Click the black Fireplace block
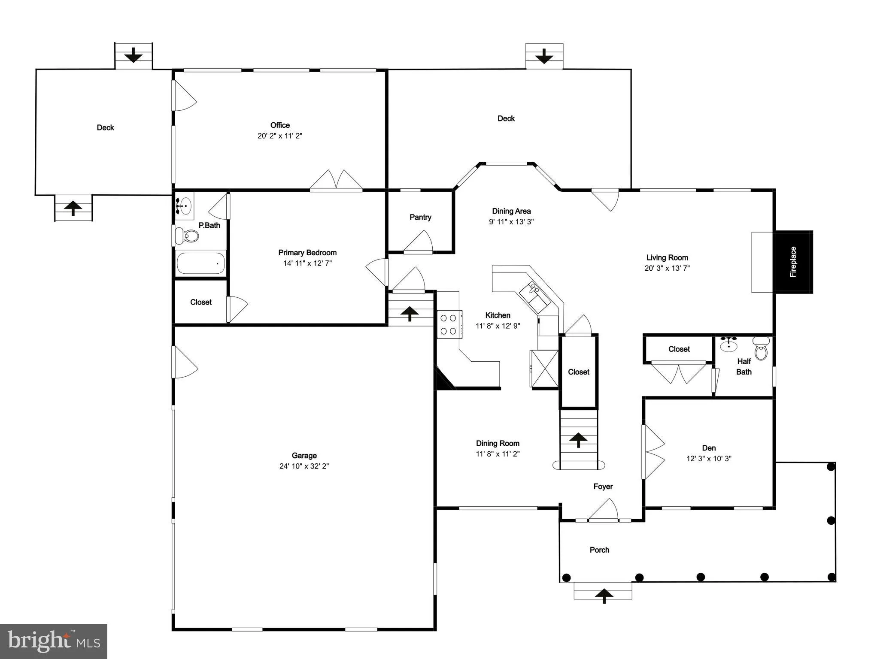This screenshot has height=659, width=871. (793, 262)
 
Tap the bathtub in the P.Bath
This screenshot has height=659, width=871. (200, 263)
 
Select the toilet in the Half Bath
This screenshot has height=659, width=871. (761, 348)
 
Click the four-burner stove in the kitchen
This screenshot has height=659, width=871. (449, 324)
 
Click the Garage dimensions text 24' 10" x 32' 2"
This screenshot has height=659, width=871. (304, 466)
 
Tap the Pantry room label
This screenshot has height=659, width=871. (420, 217)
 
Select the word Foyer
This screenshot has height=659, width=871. (603, 486)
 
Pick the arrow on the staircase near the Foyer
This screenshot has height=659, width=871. (578, 439)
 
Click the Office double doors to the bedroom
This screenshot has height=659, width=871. (336, 180)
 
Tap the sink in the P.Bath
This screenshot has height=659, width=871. (185, 206)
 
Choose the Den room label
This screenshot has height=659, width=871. (709, 448)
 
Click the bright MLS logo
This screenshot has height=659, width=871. (54, 641)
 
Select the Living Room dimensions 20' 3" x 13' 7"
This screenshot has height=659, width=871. (667, 268)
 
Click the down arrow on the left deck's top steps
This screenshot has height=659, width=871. (134, 55)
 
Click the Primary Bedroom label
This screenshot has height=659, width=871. (307, 253)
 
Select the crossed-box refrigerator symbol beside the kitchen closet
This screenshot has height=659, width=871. (544, 369)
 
